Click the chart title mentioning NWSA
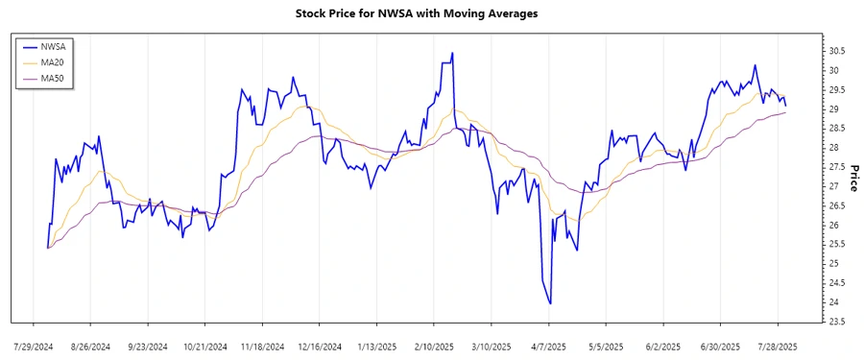pyautogui.click(x=431, y=13)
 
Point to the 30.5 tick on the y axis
pyautogui.click(x=836, y=51)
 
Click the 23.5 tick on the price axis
pyautogui.click(x=836, y=322)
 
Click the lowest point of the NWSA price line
pyautogui.click(x=550, y=304)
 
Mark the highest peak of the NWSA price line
pyautogui.click(x=452, y=53)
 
